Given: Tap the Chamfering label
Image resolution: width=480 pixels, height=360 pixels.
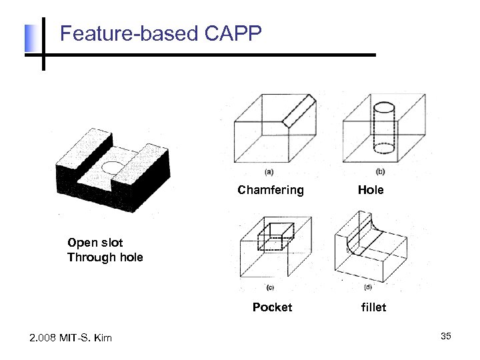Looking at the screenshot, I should (x=271, y=190).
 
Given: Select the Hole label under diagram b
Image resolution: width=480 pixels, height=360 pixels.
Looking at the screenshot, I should (x=371, y=190).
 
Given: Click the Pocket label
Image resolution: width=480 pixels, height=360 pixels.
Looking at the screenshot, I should (x=272, y=307).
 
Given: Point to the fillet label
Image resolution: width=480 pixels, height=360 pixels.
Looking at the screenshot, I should (x=373, y=307).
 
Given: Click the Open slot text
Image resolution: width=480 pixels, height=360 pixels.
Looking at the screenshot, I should (x=95, y=243).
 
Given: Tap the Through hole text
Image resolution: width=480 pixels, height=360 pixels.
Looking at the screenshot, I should (x=105, y=257).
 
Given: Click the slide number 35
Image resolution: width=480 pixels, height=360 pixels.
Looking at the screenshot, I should (x=445, y=336).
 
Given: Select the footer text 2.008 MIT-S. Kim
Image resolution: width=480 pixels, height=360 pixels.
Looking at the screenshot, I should (x=71, y=338).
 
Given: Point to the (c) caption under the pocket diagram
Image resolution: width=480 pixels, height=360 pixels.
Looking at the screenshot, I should (x=270, y=287).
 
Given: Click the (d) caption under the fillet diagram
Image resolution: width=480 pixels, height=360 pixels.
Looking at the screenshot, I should (x=368, y=287).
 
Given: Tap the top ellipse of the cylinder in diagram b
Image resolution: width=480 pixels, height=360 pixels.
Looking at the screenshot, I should (x=385, y=107).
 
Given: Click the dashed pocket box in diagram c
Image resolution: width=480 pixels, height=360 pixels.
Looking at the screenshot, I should (x=275, y=235).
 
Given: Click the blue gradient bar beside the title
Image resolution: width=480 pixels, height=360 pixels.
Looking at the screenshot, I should (x=30, y=39).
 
